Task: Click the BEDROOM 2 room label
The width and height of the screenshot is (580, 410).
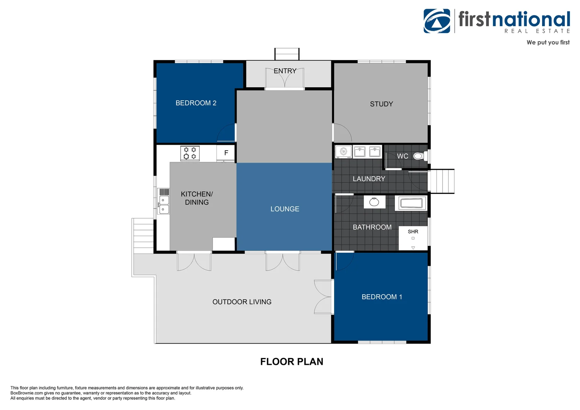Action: click(196, 103)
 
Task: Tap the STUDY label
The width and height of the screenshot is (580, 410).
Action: click(381, 104)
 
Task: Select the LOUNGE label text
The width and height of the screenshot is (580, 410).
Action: click(285, 209)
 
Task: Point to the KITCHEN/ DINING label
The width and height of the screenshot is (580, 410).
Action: click(197, 198)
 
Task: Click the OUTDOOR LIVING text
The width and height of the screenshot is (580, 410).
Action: click(242, 302)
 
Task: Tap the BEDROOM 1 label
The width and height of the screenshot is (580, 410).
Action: click(382, 297)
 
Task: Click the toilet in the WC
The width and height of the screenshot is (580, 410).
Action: click(420, 156)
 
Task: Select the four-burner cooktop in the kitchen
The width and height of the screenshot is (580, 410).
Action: click(190, 153)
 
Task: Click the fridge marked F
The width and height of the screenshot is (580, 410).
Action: click(226, 153)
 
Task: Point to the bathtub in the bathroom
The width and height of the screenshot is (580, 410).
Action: click(411, 203)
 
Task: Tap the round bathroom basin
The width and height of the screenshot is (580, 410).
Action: click(374, 202)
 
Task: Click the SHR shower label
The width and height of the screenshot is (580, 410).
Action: click(413, 232)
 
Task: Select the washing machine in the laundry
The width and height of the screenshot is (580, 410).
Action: click(344, 151)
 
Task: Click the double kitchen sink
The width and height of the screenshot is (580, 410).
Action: click(164, 201)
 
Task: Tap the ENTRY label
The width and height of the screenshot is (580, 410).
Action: click(285, 71)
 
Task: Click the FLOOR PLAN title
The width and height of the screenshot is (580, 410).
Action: click(292, 361)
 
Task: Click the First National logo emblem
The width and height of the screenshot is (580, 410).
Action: click(437, 21)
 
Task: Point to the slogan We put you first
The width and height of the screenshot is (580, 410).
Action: click(548, 43)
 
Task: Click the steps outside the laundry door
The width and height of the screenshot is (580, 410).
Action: click(441, 181)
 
